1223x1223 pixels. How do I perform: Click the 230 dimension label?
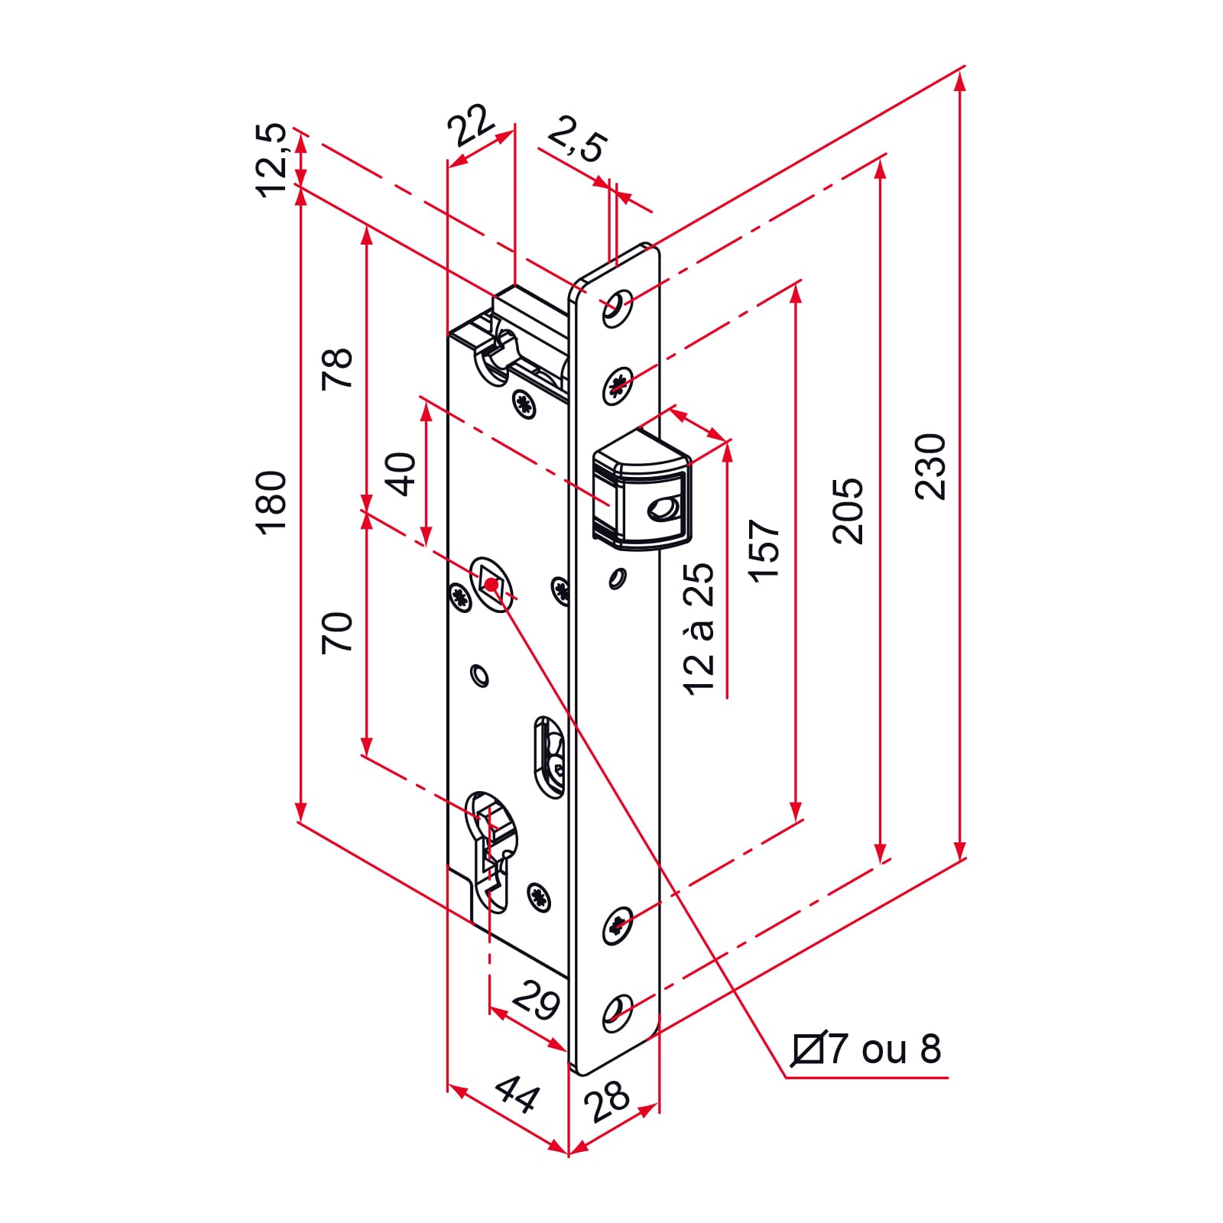coord(930,466)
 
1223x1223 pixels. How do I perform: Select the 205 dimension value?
coord(848,511)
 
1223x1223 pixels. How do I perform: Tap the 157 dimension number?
coord(764,550)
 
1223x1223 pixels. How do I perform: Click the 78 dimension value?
coord(337,368)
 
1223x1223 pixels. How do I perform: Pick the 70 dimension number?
coord(337,632)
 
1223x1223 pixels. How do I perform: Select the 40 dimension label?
coord(401,474)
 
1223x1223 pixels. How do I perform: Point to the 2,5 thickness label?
coord(577,139)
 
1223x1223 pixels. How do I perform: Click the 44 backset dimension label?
coord(517,1095)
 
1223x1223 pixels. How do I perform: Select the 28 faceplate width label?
coord(608,1101)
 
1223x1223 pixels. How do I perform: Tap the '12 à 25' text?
coord(699,628)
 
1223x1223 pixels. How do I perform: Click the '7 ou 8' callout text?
coord(885,1049)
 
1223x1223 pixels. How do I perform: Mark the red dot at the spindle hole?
coord(491,585)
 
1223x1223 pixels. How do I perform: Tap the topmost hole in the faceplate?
coord(617,307)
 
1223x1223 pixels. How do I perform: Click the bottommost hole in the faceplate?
coord(617,1014)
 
